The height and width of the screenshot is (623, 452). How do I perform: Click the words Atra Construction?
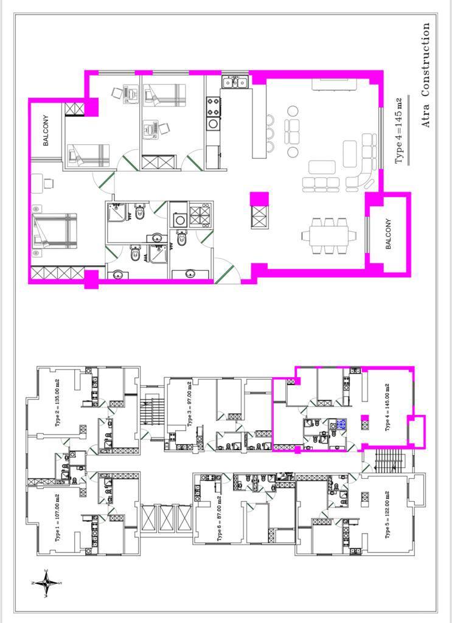pos(425,75)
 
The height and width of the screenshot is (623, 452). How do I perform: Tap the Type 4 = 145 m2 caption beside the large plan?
pos(399,131)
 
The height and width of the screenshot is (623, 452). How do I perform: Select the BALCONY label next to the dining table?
pos(388,234)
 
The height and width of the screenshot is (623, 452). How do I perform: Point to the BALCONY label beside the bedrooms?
pos(46,130)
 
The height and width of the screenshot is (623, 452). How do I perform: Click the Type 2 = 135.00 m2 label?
pos(58,403)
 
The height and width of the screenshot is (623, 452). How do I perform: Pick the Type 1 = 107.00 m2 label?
pos(58,517)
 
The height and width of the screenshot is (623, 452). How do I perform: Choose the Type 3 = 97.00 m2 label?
pos(189,404)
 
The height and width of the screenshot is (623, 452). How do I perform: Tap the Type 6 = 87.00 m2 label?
pos(219,518)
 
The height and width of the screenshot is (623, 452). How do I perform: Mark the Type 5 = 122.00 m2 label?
pos(388,515)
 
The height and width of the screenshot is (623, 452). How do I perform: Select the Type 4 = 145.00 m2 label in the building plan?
pos(388,407)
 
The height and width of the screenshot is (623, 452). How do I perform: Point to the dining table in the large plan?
pos(329,235)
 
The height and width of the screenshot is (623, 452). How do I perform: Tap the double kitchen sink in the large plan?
pos(235,82)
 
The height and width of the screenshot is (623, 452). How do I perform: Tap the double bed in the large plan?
pos(55,231)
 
